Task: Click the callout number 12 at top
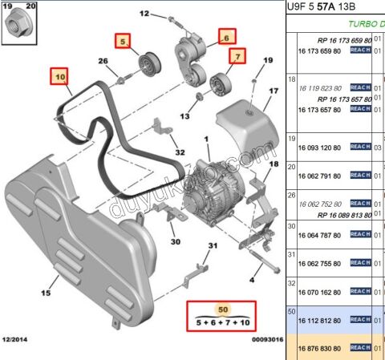(144, 14)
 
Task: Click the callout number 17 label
(274, 91)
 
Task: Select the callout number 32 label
(180, 152)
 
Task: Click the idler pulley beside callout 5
(148, 64)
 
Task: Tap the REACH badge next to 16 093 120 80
(361, 147)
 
